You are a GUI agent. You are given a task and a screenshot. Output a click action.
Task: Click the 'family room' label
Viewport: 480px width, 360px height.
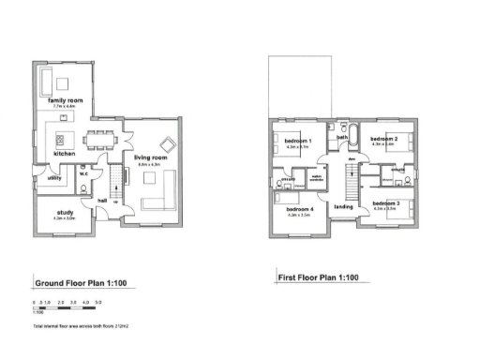pyautogui.click(x=66, y=100)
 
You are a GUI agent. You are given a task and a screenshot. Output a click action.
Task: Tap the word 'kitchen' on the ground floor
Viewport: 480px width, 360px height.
pyautogui.click(x=64, y=153)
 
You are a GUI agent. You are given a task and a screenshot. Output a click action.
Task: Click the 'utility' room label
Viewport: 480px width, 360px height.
pyautogui.click(x=54, y=176)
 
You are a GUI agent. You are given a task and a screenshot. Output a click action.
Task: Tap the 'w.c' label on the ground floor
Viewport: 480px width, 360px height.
pyautogui.click(x=83, y=172)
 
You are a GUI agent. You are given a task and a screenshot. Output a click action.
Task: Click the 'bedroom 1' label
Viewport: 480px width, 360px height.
pyautogui.click(x=297, y=141)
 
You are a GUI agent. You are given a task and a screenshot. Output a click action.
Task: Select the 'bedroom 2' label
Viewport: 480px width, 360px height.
pyautogui.click(x=384, y=139)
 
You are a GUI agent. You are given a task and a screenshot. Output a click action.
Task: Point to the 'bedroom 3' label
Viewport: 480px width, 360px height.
pyautogui.click(x=385, y=203)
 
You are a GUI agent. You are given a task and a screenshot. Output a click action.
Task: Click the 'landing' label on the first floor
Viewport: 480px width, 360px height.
pyautogui.click(x=343, y=207)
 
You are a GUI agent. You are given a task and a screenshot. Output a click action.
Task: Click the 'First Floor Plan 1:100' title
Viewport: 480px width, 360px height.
pyautogui.click(x=319, y=277)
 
